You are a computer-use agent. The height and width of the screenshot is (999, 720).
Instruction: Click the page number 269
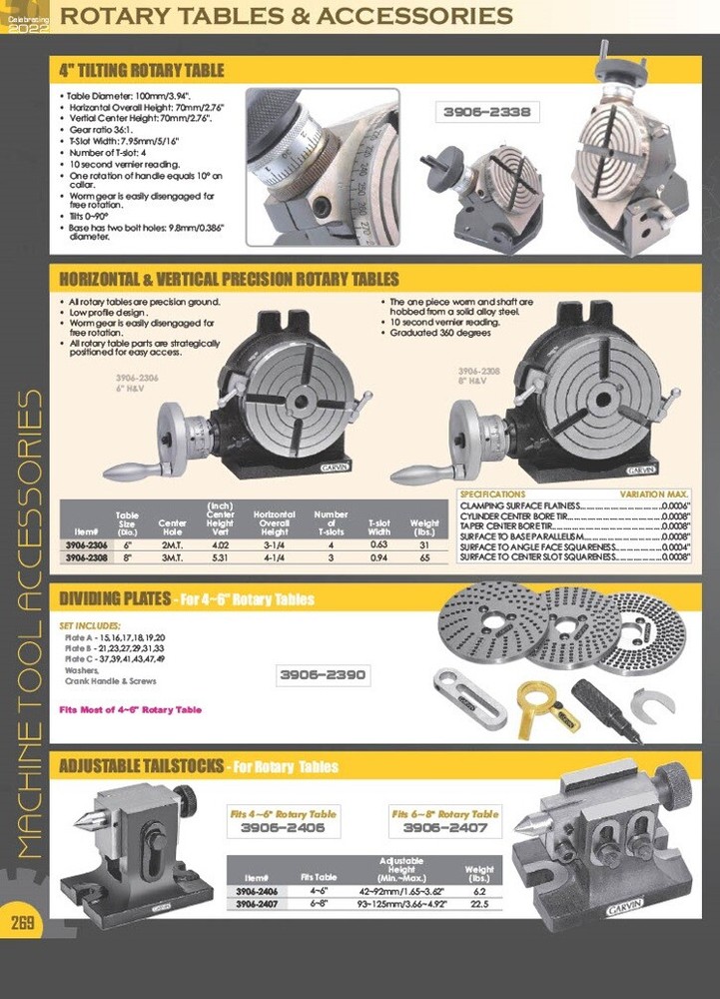(23, 922)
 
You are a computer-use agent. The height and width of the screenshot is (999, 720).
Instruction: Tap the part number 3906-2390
(324, 675)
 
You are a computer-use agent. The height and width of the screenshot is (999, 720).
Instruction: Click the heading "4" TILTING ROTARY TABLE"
(142, 70)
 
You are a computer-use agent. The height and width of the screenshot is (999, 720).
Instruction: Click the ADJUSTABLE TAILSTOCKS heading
(141, 767)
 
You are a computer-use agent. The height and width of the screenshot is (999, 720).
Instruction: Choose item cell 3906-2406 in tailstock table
(256, 890)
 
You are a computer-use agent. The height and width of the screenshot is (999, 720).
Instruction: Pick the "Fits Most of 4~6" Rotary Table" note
(131, 709)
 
